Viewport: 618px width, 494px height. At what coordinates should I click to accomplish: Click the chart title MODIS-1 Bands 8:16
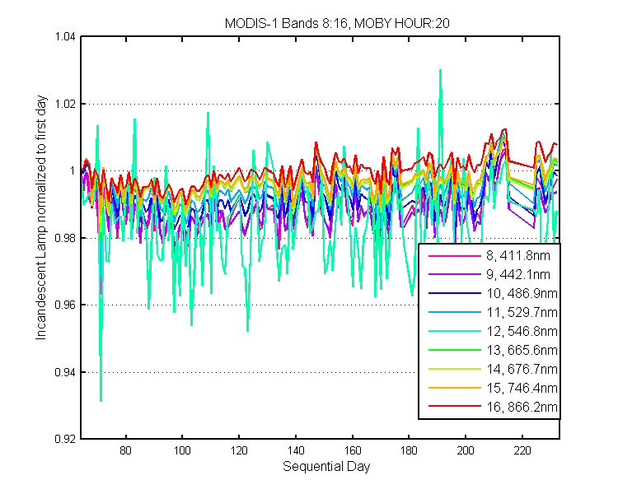286,24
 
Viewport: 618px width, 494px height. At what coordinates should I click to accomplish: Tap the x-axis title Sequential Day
326,467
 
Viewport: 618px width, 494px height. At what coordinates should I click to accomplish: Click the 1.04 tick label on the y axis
64,36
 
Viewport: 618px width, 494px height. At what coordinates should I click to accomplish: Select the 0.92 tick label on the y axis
64,439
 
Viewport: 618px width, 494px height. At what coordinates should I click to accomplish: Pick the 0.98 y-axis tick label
64,238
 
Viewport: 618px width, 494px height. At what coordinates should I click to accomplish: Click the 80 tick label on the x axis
126,450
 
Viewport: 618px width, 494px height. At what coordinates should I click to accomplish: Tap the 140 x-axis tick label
296,450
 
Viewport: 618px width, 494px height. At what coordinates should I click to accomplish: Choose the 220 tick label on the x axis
522,450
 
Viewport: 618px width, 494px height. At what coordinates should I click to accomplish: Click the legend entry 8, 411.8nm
518,256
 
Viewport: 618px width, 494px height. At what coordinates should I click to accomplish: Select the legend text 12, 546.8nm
522,331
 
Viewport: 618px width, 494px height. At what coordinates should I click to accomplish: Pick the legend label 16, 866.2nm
522,407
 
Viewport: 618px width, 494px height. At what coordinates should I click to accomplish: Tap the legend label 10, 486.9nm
522,293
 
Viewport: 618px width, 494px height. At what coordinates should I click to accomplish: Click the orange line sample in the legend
455,388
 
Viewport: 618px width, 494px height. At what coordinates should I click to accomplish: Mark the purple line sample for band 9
455,274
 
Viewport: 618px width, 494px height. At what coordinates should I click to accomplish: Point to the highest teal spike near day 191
440,70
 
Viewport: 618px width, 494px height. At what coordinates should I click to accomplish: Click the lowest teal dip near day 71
101,401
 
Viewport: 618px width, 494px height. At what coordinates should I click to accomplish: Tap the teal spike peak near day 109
208,113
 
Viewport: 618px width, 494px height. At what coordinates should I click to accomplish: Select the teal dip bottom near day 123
247,331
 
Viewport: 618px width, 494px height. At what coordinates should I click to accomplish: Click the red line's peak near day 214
504,129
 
